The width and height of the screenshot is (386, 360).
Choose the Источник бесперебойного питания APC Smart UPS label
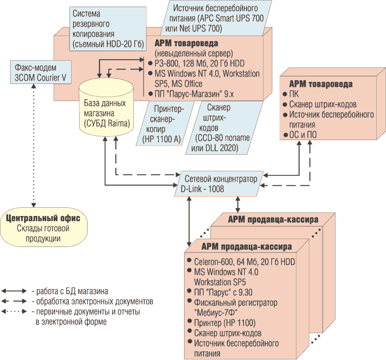pos(219,17)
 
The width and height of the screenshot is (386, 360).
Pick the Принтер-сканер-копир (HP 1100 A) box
pos(164,123)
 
